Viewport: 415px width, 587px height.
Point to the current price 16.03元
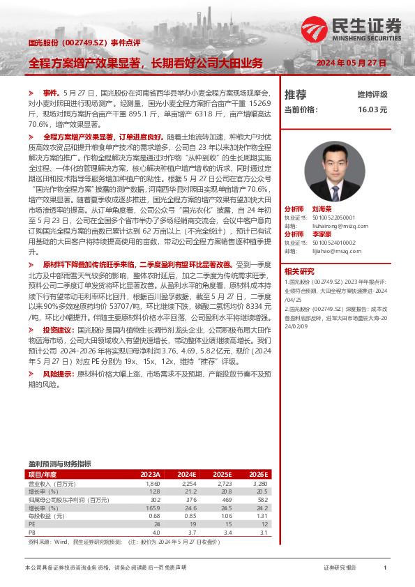pyautogui.click(x=372, y=109)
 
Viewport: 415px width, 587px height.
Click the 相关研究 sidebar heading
pyautogui.click(x=299, y=270)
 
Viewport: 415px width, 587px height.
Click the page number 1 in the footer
pyautogui.click(x=384, y=568)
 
